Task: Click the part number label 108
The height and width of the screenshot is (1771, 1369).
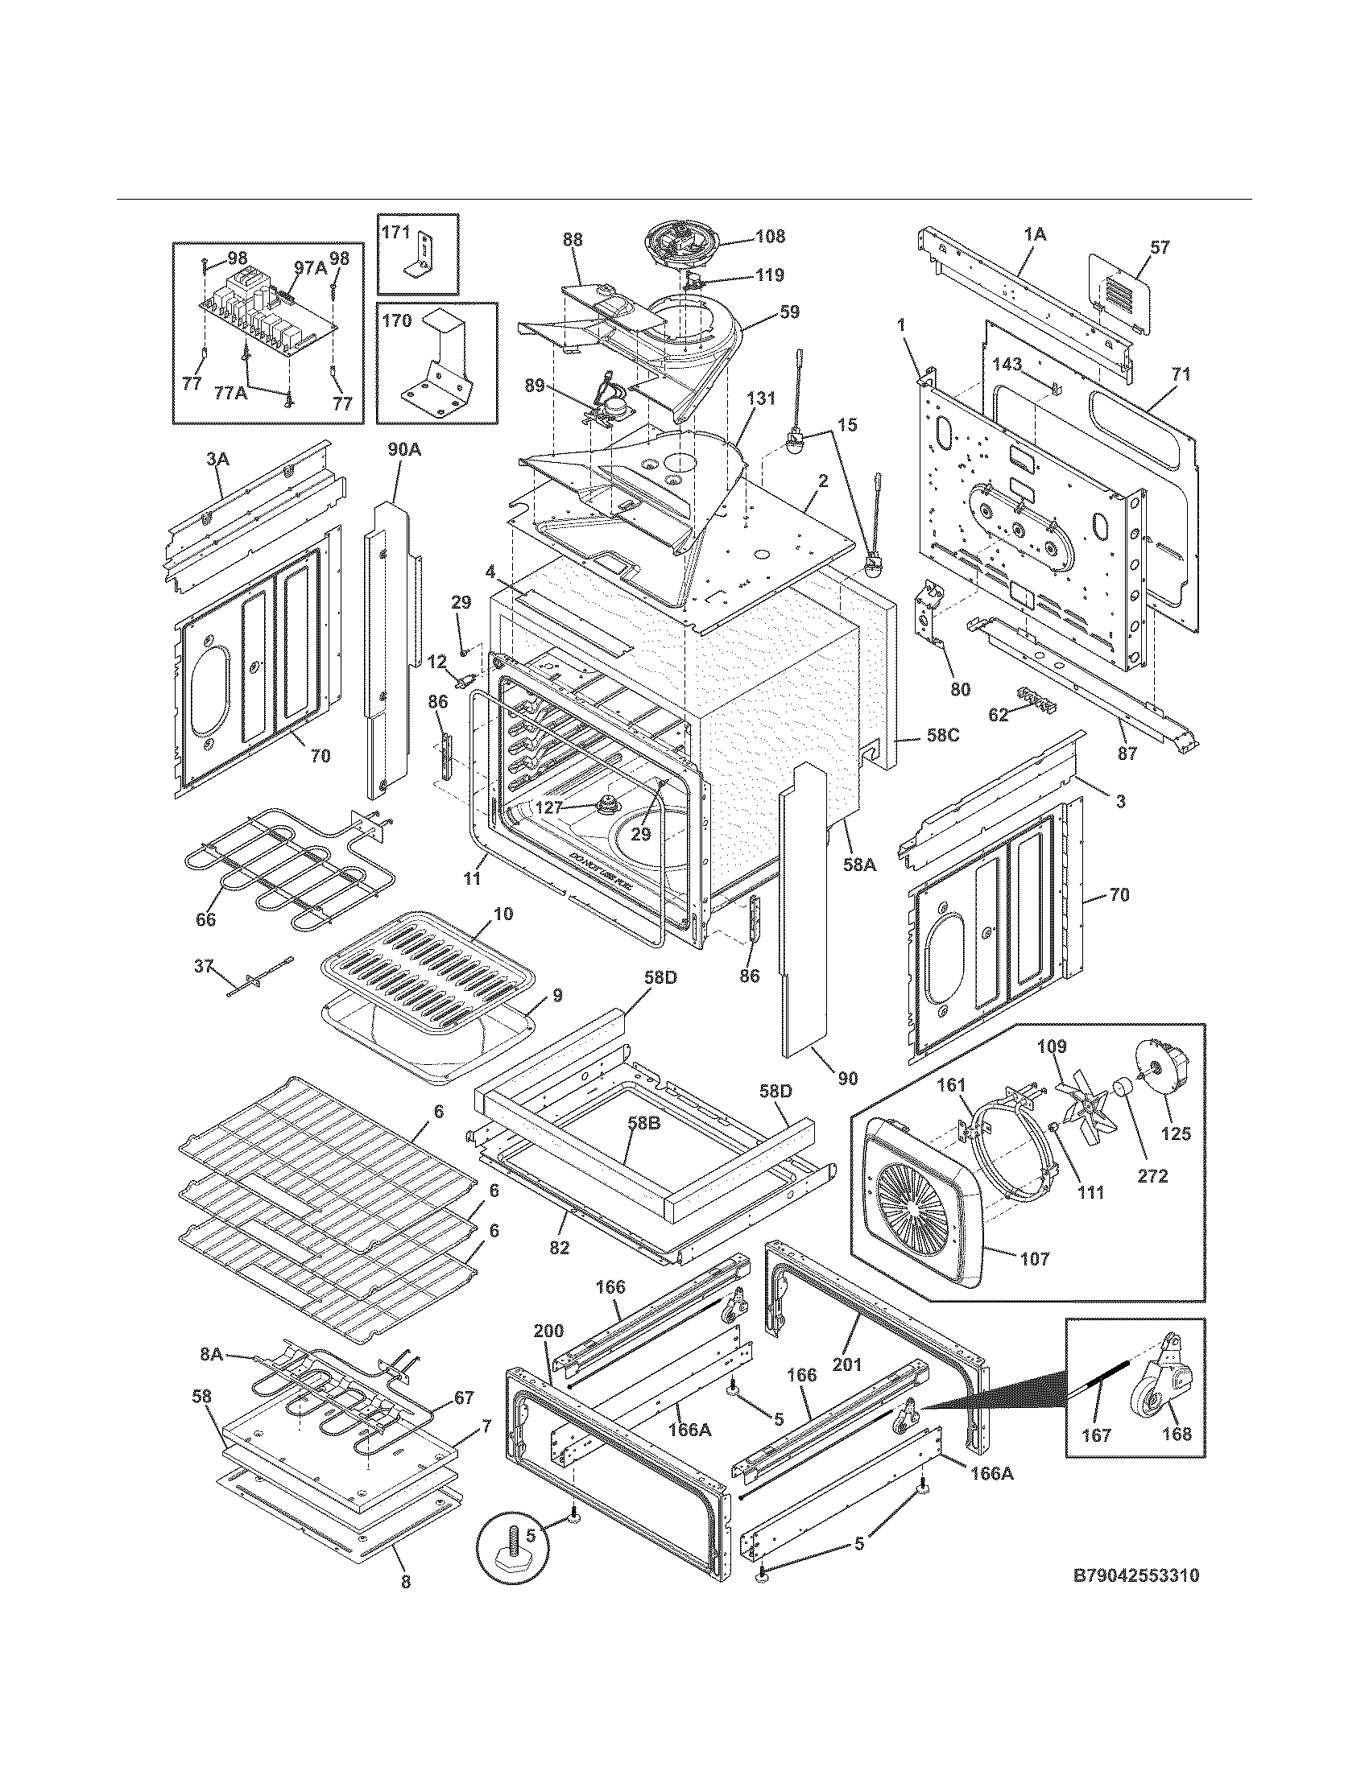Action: point(770,237)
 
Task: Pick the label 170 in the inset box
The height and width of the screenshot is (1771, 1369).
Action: point(396,320)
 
